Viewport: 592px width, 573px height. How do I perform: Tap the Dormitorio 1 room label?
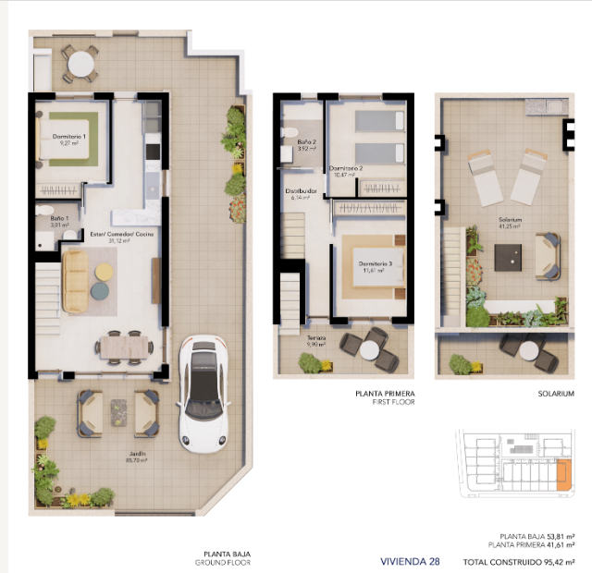pyautogui.click(x=68, y=138)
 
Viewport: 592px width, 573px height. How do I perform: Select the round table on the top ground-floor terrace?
pyautogui.click(x=81, y=64)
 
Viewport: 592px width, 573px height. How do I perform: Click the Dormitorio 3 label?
pyautogui.click(x=376, y=263)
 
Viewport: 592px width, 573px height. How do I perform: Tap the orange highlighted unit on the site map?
pyautogui.click(x=562, y=474)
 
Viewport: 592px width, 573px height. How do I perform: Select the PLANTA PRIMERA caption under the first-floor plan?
pyautogui.click(x=385, y=393)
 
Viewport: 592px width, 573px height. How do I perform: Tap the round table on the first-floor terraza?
pyautogui.click(x=372, y=349)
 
